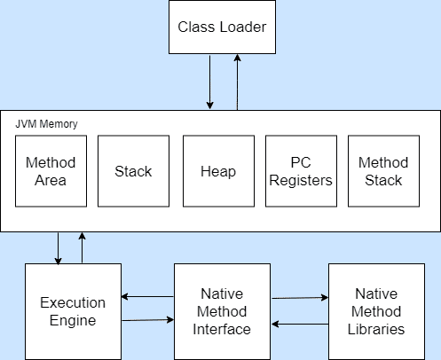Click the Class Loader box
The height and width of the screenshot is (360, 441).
click(222, 27)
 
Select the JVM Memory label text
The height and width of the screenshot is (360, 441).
click(46, 124)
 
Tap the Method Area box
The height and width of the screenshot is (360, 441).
click(51, 171)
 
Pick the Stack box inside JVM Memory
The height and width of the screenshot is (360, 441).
click(133, 171)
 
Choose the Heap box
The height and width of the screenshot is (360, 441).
click(218, 171)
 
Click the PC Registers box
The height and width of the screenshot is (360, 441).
click(301, 171)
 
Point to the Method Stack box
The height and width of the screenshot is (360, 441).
click(383, 171)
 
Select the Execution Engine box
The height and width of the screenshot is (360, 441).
click(73, 311)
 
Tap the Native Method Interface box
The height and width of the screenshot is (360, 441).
click(222, 311)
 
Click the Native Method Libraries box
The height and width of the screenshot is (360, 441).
click(376, 311)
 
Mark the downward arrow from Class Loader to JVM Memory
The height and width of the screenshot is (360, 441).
click(210, 82)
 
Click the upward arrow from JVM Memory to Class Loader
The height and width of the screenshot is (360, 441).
click(237, 82)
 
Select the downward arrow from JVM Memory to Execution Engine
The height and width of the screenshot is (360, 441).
click(58, 248)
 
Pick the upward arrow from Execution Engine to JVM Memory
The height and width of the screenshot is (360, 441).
click(82, 247)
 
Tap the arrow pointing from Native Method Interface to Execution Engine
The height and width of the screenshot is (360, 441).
click(147, 296)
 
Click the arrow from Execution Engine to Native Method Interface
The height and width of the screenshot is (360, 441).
click(147, 320)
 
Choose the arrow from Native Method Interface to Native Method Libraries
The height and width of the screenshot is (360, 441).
click(300, 298)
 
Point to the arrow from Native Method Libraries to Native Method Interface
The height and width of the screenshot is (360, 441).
click(300, 325)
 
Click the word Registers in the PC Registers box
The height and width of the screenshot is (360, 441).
click(301, 181)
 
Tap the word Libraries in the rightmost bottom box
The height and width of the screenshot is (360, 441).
click(376, 329)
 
